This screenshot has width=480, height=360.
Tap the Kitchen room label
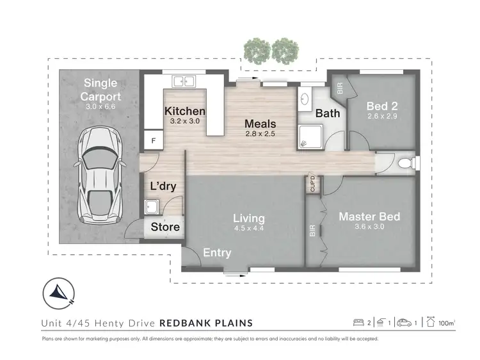[185, 111]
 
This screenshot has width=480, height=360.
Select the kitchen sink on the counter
[184, 81]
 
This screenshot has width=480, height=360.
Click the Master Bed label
[369, 217]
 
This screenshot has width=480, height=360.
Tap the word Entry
[217, 252]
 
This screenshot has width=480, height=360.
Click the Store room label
[165, 227]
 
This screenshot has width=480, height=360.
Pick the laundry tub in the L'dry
[152, 207]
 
